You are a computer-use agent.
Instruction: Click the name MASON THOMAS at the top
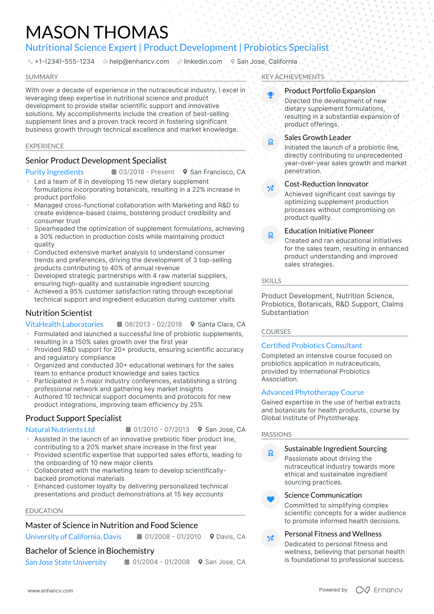97,32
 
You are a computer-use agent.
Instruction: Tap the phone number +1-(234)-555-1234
64,62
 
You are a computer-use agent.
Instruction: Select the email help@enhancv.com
139,62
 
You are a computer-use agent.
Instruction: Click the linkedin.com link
203,62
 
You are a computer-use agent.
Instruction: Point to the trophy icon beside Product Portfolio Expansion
270,95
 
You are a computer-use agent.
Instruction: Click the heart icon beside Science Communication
270,499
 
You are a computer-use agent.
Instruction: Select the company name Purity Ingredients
54,172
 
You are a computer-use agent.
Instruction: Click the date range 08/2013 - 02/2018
153,324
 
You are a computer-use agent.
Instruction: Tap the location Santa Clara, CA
221,324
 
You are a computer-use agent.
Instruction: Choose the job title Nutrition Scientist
59,313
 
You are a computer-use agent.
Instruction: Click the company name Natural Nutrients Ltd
60,430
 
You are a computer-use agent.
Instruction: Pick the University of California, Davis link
73,537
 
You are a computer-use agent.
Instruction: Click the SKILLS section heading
271,281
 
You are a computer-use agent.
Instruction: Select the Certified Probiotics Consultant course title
311,346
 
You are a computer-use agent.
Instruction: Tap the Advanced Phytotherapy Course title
312,392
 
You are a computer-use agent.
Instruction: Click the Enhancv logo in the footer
379,590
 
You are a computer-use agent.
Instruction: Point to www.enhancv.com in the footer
50,591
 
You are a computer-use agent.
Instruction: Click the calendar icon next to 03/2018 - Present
114,172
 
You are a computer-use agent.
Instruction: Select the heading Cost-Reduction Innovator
326,184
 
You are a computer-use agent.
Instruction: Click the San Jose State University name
66,562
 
